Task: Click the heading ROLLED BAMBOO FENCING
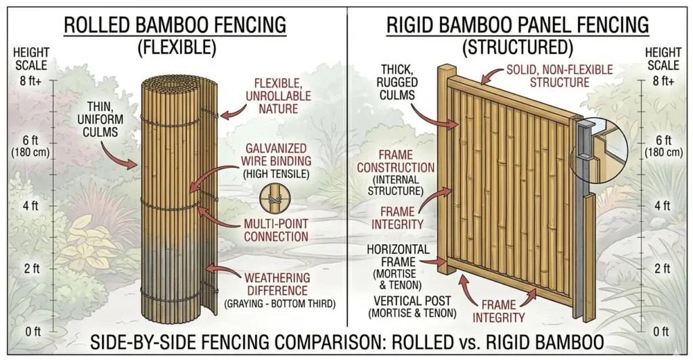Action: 175,26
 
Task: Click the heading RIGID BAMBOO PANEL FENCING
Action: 518,26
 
